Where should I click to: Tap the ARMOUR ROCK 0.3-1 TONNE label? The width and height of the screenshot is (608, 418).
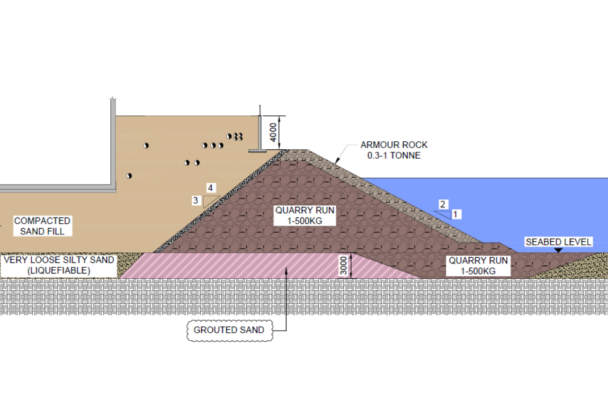pyautogui.click(x=394, y=150)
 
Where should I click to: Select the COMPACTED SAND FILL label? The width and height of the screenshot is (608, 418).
pyautogui.click(x=42, y=226)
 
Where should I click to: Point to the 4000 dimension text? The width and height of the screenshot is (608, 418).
pyautogui.click(x=273, y=132)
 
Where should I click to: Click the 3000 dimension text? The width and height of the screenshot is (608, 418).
pyautogui.click(x=344, y=266)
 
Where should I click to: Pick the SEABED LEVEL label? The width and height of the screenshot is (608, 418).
pyautogui.click(x=558, y=242)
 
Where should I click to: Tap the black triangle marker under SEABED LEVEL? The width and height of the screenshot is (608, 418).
pyautogui.click(x=558, y=250)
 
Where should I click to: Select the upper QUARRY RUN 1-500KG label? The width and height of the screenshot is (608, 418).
pyautogui.click(x=305, y=215)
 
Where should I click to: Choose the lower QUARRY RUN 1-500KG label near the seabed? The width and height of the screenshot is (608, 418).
pyautogui.click(x=478, y=266)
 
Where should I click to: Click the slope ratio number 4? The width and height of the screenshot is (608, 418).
pyautogui.click(x=210, y=188)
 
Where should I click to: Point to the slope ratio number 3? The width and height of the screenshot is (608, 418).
pyautogui.click(x=195, y=201)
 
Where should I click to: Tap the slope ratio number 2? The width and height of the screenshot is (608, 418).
pyautogui.click(x=442, y=204)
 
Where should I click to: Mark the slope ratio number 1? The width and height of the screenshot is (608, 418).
pyautogui.click(x=455, y=214)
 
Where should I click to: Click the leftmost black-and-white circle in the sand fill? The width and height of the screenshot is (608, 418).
pyautogui.click(x=129, y=176)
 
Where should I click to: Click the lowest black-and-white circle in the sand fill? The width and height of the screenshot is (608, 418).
pyautogui.click(x=129, y=176)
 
